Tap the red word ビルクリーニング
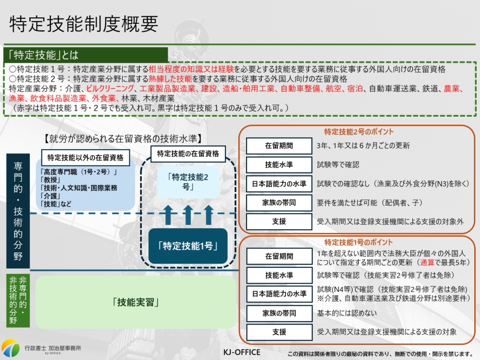pos(110,89)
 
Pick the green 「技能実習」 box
pos(136,302)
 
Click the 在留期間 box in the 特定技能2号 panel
pos(279,146)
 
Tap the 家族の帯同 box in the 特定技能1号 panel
pos(279,313)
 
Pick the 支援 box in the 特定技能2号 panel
pos(279,222)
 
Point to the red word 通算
pos(429,262)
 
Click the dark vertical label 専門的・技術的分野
pos(18,211)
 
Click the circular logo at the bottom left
pos(10,348)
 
